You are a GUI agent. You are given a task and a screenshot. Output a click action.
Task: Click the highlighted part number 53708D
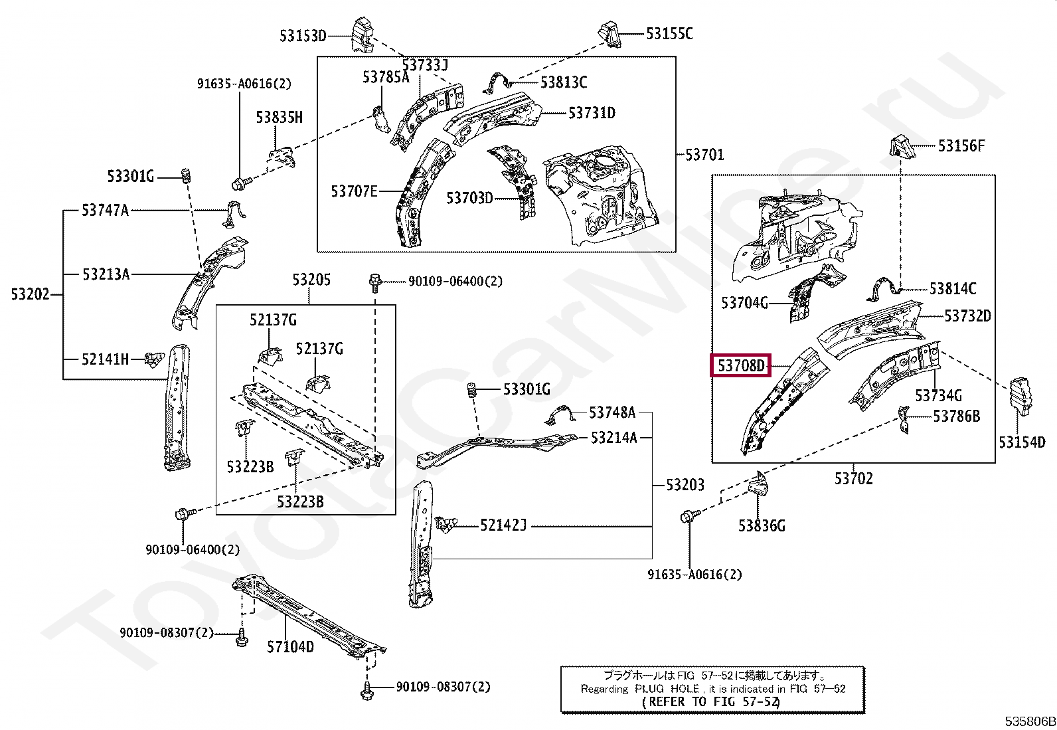click(x=740, y=365)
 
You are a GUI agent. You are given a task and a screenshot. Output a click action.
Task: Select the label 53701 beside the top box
click(x=704, y=155)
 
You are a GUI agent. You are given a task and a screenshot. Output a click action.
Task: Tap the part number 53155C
click(x=669, y=34)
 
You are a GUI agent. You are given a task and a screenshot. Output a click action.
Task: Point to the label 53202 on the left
click(x=30, y=294)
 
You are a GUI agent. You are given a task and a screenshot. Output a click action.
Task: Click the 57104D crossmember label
click(x=290, y=646)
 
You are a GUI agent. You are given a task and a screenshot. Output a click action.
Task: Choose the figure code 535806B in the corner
click(x=1029, y=721)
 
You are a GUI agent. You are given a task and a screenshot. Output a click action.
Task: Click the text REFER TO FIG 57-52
click(x=711, y=701)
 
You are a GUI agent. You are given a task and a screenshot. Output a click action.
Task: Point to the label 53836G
click(x=762, y=526)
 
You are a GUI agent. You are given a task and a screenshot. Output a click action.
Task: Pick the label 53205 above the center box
click(x=311, y=280)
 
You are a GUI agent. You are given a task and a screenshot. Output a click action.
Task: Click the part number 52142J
click(x=503, y=526)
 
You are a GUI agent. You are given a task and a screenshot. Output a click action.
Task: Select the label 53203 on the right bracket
click(x=685, y=485)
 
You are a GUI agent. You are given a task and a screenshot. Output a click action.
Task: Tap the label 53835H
click(x=280, y=118)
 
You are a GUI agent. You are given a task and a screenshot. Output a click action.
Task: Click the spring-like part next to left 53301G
click(x=187, y=176)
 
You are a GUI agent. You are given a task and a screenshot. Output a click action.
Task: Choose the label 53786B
click(x=956, y=416)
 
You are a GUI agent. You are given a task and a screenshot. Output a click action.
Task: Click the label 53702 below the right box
click(x=854, y=478)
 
